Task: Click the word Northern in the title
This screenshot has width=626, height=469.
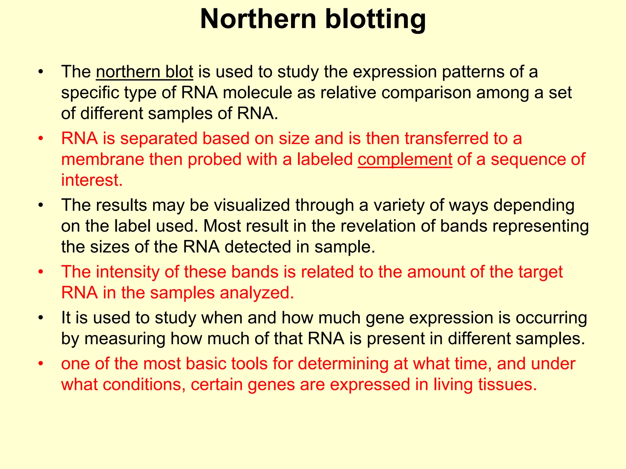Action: click(x=258, y=19)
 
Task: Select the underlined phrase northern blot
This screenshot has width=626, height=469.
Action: click(x=144, y=72)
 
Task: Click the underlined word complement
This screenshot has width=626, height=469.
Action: click(x=405, y=159)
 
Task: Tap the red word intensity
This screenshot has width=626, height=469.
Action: click(x=127, y=272)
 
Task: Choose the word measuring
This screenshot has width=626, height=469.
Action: click(x=124, y=339)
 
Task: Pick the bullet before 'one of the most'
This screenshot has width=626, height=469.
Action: click(x=41, y=364)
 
